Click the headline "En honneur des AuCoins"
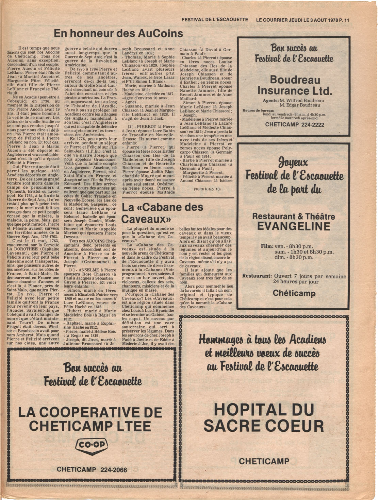pyautogui.click(x=118, y=33)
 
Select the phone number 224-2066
pyautogui.click(x=114, y=470)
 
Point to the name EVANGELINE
pyautogui.click(x=294, y=226)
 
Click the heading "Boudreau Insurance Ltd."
pyautogui.click(x=295, y=85)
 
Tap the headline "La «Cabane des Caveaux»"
pyautogui.click(x=162, y=213)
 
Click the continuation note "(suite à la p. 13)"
pyautogui.click(x=207, y=189)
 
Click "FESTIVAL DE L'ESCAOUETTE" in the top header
pyautogui.click(x=215, y=20)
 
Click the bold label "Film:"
pyautogui.click(x=267, y=246)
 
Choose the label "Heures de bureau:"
pyautogui.click(x=258, y=111)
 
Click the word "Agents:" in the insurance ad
pyautogui.click(x=270, y=101)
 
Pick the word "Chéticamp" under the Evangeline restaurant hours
pyautogui.click(x=294, y=293)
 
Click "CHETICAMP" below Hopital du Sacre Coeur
pyautogui.click(x=264, y=461)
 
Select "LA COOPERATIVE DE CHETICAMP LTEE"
pyautogui.click(x=90, y=419)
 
